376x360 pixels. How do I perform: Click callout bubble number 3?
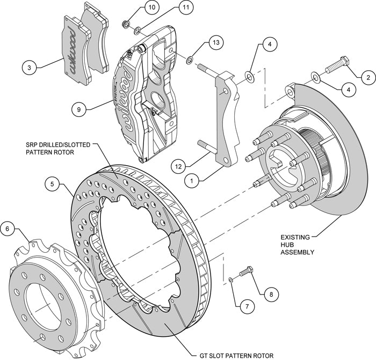30,68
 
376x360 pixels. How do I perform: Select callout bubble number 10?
137,8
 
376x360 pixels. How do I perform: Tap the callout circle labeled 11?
170,8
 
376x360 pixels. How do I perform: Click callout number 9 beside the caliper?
78,109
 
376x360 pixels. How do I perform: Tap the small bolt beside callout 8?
244,273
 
